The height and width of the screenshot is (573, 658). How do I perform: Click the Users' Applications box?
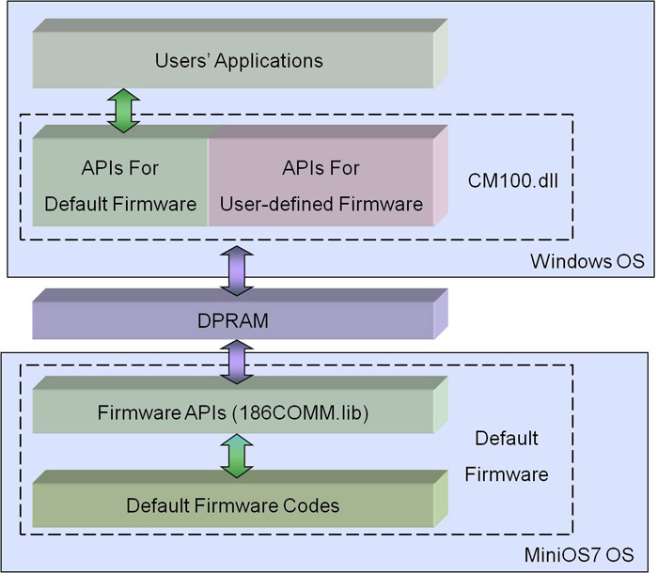(x=240, y=54)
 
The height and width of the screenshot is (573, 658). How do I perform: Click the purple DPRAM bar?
(x=240, y=314)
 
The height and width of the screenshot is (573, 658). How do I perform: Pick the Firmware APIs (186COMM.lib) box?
(x=240, y=405)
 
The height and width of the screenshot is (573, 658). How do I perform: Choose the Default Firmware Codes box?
(x=240, y=499)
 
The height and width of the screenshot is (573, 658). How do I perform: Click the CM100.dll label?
(x=513, y=180)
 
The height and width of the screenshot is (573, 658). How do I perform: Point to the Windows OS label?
(x=587, y=261)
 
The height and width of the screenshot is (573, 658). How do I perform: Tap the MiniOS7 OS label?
(x=579, y=554)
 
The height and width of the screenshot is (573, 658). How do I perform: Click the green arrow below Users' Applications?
(x=123, y=111)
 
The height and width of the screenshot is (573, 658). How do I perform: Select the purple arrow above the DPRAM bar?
(x=237, y=271)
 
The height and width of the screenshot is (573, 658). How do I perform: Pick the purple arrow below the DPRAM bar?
(x=237, y=362)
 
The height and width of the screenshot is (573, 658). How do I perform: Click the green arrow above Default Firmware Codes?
(x=237, y=456)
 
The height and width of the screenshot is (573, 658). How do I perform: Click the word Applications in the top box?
(x=269, y=61)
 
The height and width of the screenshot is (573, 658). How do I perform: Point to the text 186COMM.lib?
(x=300, y=412)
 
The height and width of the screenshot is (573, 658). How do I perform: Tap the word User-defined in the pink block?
(x=277, y=204)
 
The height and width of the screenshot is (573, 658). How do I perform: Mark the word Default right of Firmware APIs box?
(x=507, y=439)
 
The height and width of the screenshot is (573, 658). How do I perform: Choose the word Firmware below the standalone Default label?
(x=507, y=474)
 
